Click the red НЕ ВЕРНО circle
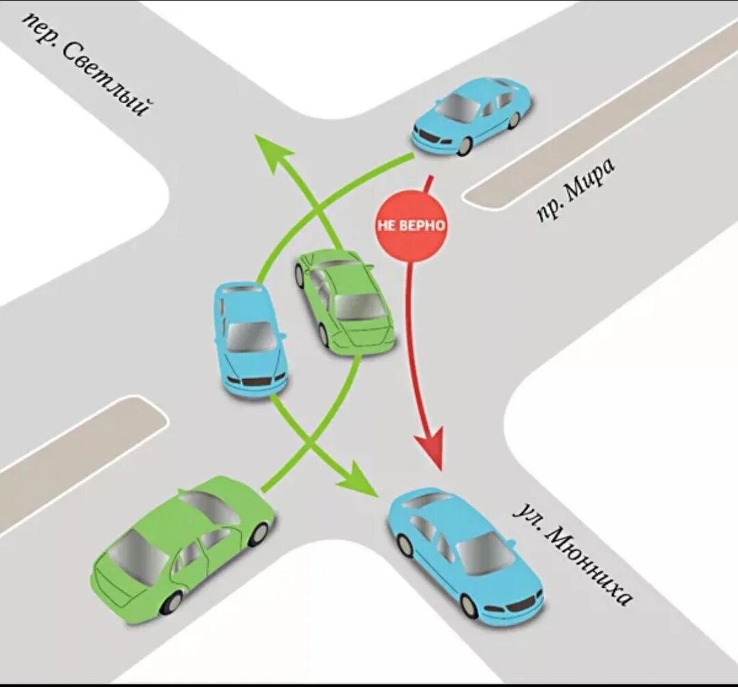(411, 225)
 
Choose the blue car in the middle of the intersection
(249, 339)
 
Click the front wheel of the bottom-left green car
(258, 533)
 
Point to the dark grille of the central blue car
(256, 381)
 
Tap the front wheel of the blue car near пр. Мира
(465, 145)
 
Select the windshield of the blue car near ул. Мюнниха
(484, 552)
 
